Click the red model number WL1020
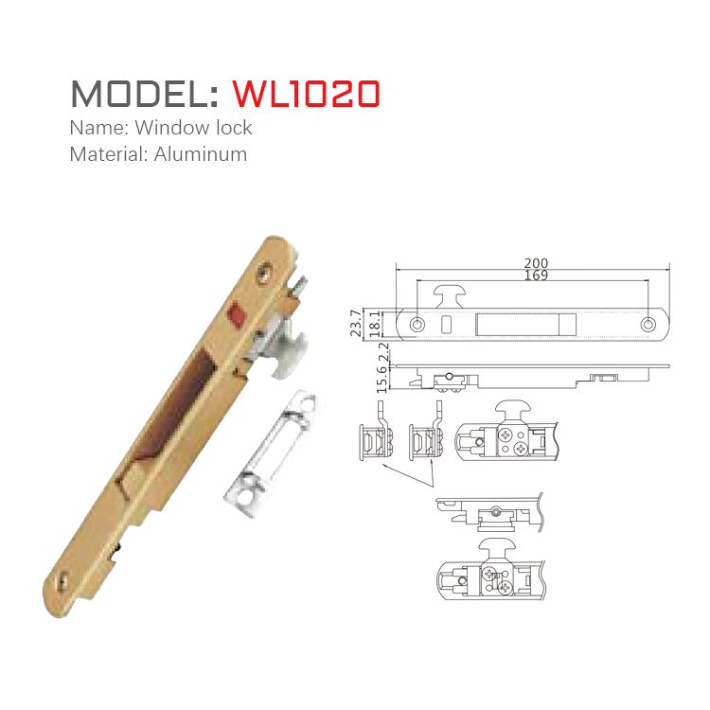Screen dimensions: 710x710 (x=306, y=93)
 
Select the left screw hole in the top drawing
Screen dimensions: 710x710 (x=418, y=324)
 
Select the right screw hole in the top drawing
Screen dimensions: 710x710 (x=648, y=324)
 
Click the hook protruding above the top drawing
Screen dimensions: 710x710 (x=452, y=293)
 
